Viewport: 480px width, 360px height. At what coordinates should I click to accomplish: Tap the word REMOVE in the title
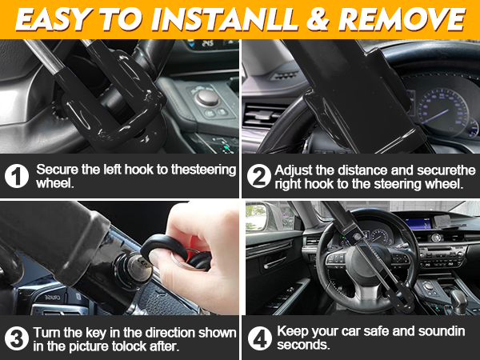pos(410,19)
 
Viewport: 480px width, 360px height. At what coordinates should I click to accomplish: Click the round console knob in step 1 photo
pos(208,97)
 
